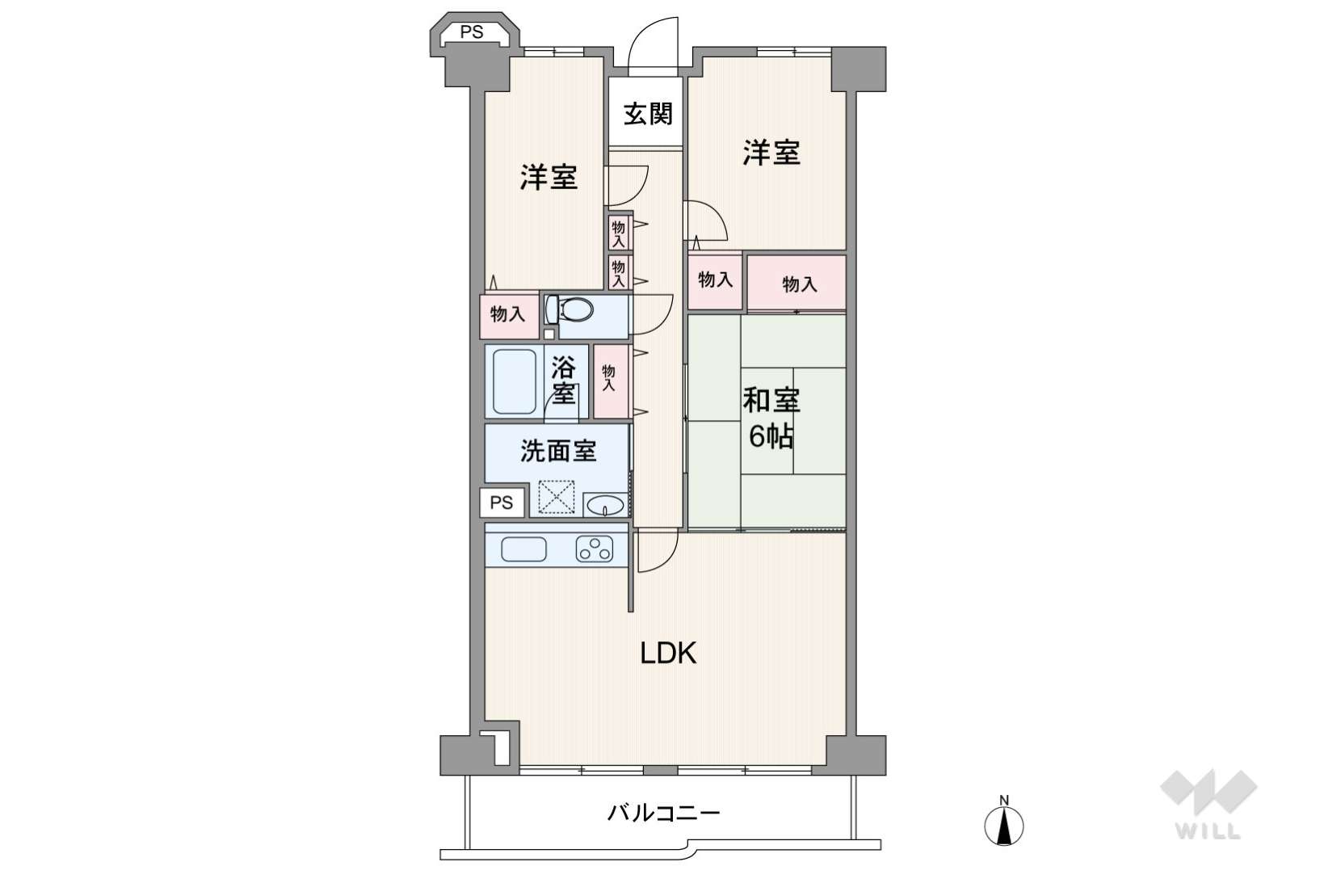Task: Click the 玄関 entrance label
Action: (x=648, y=114)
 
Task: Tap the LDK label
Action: (x=669, y=654)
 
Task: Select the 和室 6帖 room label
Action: (x=771, y=418)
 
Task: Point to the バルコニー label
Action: (x=664, y=814)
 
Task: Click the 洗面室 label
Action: (x=558, y=451)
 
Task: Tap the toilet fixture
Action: (x=569, y=309)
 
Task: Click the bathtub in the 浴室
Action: (x=515, y=382)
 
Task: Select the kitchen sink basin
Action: (x=523, y=549)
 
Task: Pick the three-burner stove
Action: (x=595, y=549)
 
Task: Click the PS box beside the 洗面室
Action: (x=502, y=502)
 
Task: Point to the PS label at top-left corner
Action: (x=472, y=32)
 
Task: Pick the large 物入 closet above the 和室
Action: (x=797, y=283)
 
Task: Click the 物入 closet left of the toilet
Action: (x=509, y=313)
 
